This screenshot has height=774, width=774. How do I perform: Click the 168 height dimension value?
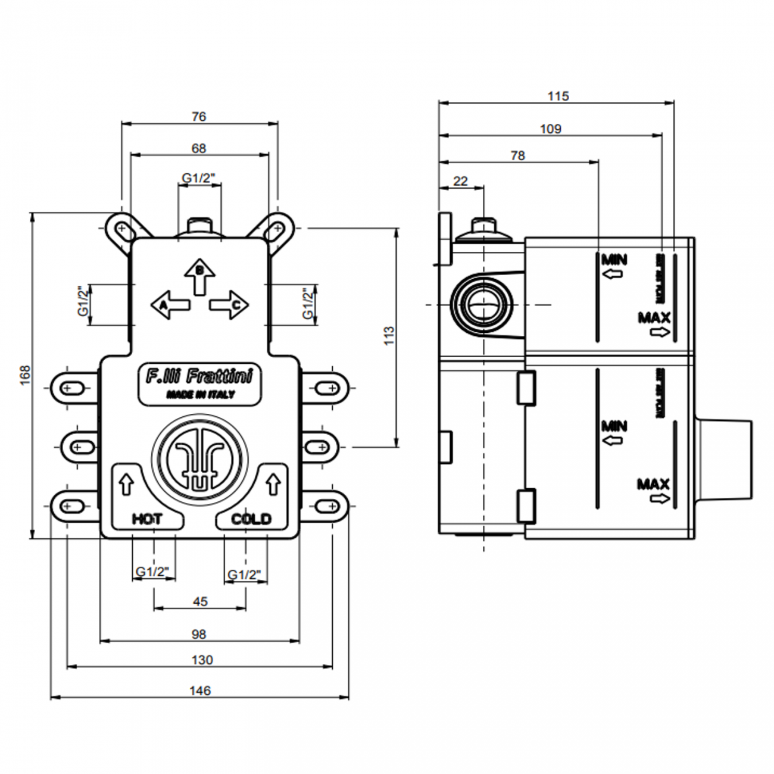[x=25, y=375]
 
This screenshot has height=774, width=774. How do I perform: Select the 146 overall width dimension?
[x=200, y=691]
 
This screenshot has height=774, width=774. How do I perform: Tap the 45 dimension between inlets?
[x=200, y=601]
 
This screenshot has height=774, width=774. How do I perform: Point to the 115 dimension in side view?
[x=558, y=96]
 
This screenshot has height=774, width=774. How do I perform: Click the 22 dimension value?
[x=461, y=181]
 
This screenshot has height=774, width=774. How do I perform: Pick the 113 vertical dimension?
[x=389, y=336]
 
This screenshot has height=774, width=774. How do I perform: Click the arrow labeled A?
[x=170, y=304]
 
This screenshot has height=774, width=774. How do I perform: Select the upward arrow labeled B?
[x=200, y=276]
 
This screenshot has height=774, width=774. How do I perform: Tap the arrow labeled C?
[x=229, y=305]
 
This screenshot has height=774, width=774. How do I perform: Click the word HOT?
[x=147, y=519]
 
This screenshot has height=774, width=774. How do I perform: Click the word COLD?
[x=251, y=519]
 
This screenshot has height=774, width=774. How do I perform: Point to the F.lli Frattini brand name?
[x=199, y=376]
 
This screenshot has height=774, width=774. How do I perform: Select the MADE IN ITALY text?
[x=200, y=394]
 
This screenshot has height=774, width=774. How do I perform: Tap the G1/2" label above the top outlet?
[x=198, y=178]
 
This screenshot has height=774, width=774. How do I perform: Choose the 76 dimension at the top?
[x=199, y=117]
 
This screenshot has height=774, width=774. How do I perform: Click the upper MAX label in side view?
[x=654, y=318]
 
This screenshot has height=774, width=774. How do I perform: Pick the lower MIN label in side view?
[x=614, y=426]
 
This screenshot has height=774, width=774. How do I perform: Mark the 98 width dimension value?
[x=199, y=634]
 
